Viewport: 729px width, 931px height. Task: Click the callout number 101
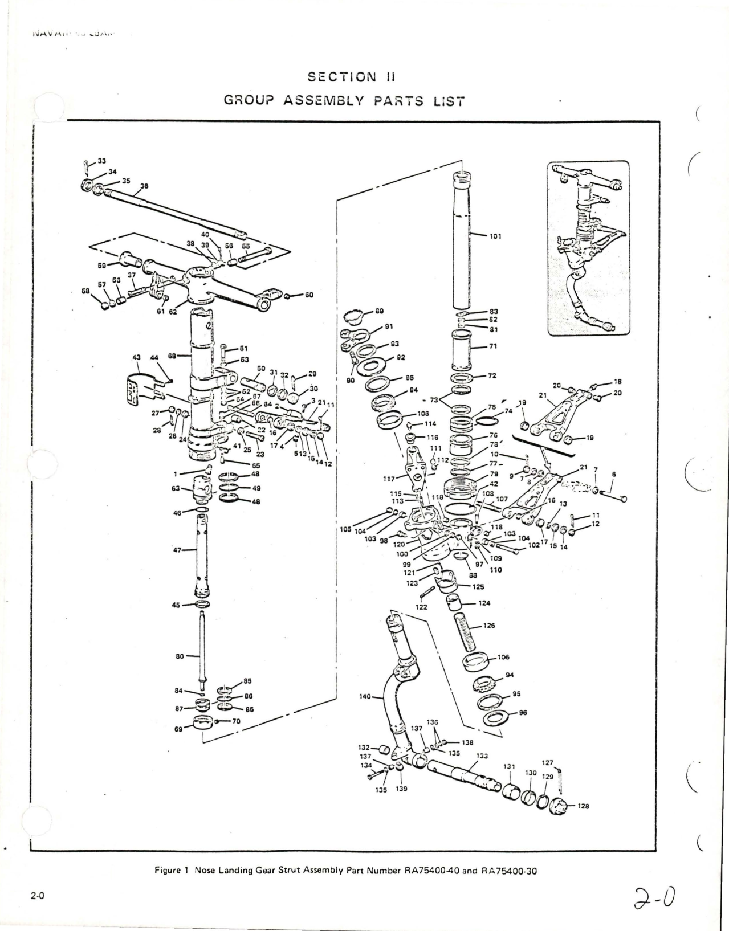point(495,236)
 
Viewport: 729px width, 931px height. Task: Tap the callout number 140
point(365,696)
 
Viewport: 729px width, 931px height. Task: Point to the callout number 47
point(177,550)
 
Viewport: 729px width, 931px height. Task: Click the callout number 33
point(102,161)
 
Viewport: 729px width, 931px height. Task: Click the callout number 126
point(488,626)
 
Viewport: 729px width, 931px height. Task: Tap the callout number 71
point(493,346)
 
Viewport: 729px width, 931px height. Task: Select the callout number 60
point(309,295)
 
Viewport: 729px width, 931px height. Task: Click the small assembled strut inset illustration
point(588,248)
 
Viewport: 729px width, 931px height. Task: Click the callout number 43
point(136,357)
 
